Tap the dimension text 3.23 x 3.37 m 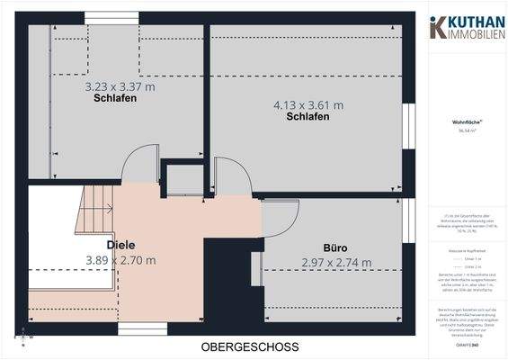[x=120, y=87]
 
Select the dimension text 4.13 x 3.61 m [x=307, y=104]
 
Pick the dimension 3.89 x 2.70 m [x=120, y=260]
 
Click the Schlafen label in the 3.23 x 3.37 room [x=114, y=99]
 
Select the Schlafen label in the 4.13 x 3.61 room [x=307, y=117]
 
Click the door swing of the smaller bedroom [x=141, y=167]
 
